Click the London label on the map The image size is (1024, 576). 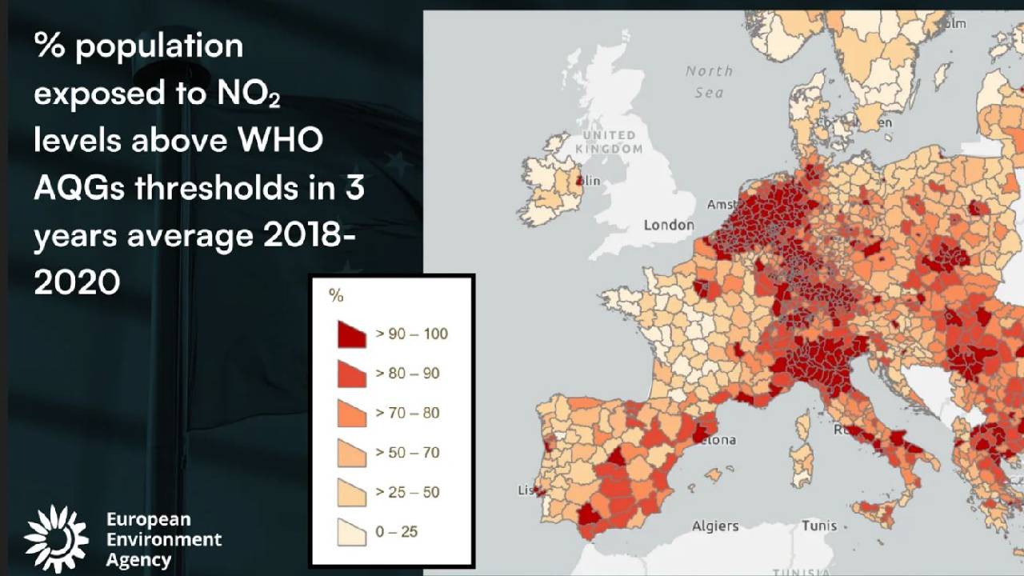point(669,226)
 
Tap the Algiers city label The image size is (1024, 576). point(715,526)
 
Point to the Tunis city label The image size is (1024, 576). point(819,526)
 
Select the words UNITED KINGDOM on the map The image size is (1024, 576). point(609,142)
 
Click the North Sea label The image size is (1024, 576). point(709,82)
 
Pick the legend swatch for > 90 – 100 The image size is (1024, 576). point(350,334)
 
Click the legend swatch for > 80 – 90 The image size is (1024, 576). point(350,374)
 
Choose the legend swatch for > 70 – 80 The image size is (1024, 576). point(350,414)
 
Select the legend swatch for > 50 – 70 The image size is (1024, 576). point(350,453)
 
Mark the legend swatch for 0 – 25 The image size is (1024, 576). point(350,532)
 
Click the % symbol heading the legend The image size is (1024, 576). point(336,296)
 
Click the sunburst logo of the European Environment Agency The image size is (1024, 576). point(56,538)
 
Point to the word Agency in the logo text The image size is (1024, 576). point(138,559)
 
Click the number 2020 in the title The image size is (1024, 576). point(77,282)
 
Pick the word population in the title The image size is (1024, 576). point(159,47)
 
